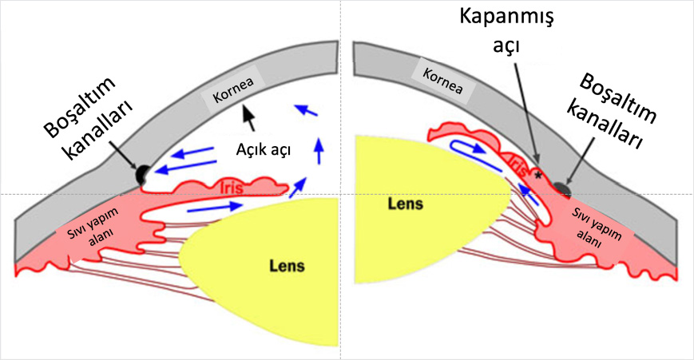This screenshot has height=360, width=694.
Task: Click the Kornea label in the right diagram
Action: click(x=438, y=80)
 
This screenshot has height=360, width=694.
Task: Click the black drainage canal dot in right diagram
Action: click(x=562, y=189)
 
